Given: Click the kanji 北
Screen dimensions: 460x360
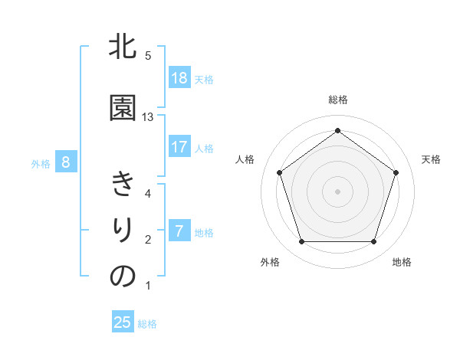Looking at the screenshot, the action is click(123, 48).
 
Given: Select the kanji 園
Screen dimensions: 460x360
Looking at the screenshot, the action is click(123, 108).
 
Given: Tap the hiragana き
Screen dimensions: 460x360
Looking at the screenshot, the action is click(123, 185).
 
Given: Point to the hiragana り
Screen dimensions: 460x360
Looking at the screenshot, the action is click(123, 231).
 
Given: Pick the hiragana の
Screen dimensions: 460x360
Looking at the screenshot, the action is click(123, 277).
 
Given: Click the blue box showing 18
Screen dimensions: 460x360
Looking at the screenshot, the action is click(179, 78).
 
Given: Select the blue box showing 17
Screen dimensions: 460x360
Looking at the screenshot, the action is click(179, 147).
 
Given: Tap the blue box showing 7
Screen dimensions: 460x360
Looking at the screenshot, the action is click(179, 231).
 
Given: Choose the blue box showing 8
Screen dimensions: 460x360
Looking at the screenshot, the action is click(67, 162).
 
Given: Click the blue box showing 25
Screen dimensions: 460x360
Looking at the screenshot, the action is click(123, 322).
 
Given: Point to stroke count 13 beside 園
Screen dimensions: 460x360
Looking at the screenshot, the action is click(148, 117).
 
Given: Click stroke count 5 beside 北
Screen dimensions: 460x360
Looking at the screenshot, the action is click(148, 56).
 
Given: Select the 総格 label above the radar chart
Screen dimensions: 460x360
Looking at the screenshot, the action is click(338, 100).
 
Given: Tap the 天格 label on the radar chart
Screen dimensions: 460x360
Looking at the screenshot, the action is click(431, 159).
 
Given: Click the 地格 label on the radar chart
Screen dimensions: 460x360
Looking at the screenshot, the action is click(402, 262).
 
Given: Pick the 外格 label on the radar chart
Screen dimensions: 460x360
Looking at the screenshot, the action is click(270, 262).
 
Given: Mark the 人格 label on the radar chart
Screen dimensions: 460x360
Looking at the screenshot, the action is click(245, 159).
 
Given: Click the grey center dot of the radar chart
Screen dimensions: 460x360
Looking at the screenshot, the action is click(337, 191).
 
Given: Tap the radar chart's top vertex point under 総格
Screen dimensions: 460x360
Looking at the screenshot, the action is click(337, 131).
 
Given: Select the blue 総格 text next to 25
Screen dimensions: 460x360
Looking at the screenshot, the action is click(147, 324).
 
